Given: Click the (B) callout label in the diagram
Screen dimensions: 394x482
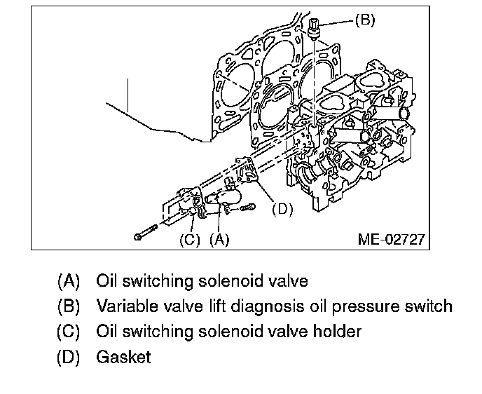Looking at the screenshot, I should coord(364,20).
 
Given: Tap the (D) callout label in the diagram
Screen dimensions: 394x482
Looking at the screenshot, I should coord(281,209).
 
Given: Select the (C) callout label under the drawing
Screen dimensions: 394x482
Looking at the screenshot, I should coord(190,239).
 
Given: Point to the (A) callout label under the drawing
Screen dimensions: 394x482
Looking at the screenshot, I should coord(219,239).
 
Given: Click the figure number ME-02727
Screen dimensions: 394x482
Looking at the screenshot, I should coord(390,239).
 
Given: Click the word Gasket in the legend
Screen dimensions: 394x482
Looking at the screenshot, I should coord(124,357).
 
